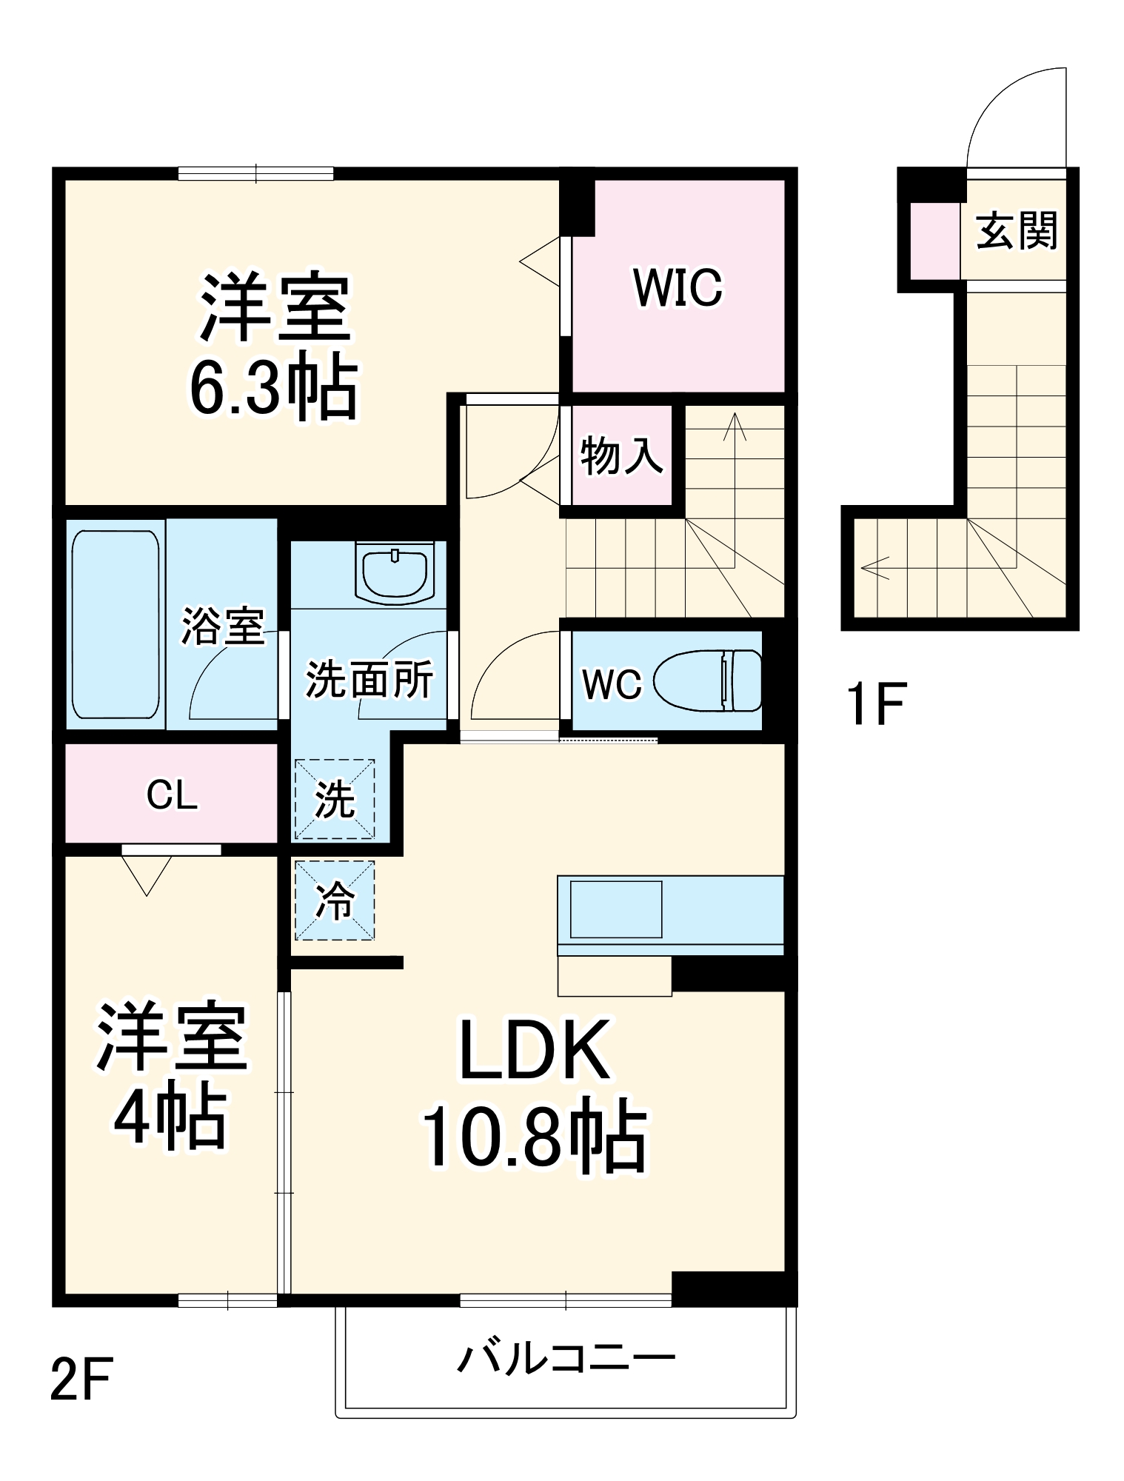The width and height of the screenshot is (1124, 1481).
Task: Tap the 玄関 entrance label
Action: (1016, 231)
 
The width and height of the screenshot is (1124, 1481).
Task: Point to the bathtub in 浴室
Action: (116, 624)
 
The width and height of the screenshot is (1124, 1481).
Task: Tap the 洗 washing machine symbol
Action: (335, 799)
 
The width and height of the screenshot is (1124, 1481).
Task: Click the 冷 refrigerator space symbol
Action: (335, 900)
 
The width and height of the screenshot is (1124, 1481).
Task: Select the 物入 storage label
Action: (620, 455)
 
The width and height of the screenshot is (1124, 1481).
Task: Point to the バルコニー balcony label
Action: (566, 1359)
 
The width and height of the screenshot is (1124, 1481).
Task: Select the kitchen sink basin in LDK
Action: (615, 909)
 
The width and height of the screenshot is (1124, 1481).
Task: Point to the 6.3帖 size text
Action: (274, 388)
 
